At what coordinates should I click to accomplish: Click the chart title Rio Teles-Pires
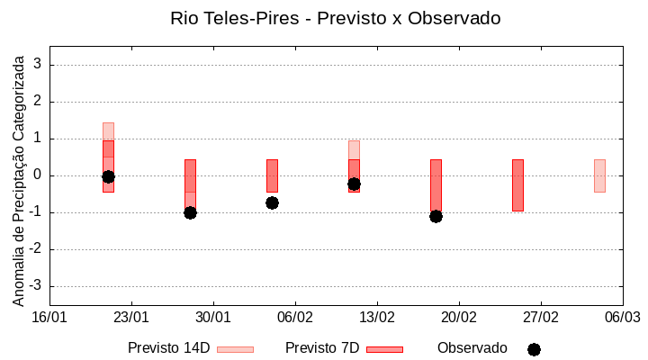pos(335,18)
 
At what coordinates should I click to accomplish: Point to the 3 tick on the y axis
pos(38,65)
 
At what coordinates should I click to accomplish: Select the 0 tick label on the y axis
pos(38,175)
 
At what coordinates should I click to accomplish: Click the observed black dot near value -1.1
pos(436,216)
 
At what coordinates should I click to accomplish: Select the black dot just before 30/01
pos(190,212)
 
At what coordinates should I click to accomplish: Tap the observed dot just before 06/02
pos(272,202)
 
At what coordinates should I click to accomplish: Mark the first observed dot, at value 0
pos(108,176)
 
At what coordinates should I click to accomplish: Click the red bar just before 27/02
pos(517,184)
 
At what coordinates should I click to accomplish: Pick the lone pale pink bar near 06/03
pos(599,175)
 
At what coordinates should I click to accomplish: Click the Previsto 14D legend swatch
pos(235,349)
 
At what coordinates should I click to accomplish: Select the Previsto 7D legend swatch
pos(384,349)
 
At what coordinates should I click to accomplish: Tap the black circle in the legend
pos(534,349)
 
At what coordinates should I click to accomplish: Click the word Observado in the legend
pos(472,348)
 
